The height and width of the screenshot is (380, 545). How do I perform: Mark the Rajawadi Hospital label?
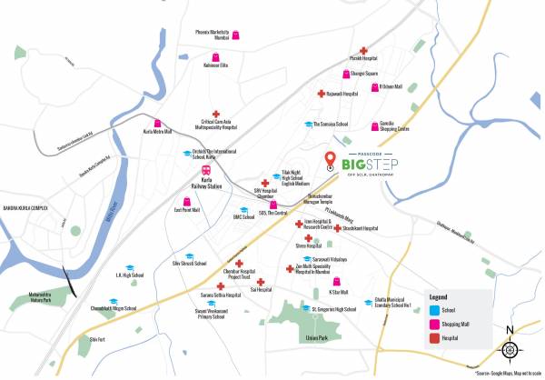[x=342, y=93]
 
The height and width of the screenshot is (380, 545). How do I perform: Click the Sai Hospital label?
[x=258, y=290]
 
